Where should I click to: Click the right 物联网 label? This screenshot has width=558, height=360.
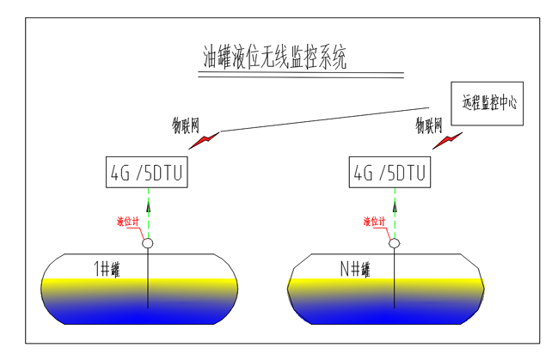(x=431, y=125)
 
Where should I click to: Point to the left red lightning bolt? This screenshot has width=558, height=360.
(x=205, y=139)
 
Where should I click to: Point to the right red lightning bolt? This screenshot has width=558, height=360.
(x=447, y=139)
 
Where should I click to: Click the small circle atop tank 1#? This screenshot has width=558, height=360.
(x=148, y=244)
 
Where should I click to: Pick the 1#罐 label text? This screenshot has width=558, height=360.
(x=107, y=268)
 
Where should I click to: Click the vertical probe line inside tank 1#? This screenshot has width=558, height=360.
(x=148, y=284)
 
